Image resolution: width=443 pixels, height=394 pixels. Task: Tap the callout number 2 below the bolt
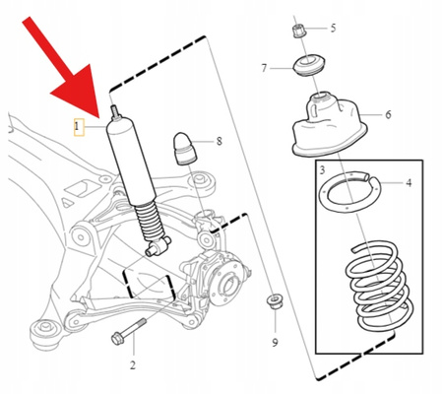pyautogui.click(x=131, y=365)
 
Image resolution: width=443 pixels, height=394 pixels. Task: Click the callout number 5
pyautogui.click(x=332, y=28)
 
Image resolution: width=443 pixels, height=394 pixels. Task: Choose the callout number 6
pyautogui.click(x=388, y=115)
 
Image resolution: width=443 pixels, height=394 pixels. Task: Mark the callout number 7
pyautogui.click(x=264, y=68)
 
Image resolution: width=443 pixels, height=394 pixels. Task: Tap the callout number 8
pyautogui.click(x=219, y=142)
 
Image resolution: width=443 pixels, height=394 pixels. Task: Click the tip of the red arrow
pyautogui.click(x=101, y=115)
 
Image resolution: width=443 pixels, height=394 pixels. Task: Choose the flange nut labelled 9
pyautogui.click(x=274, y=300)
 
